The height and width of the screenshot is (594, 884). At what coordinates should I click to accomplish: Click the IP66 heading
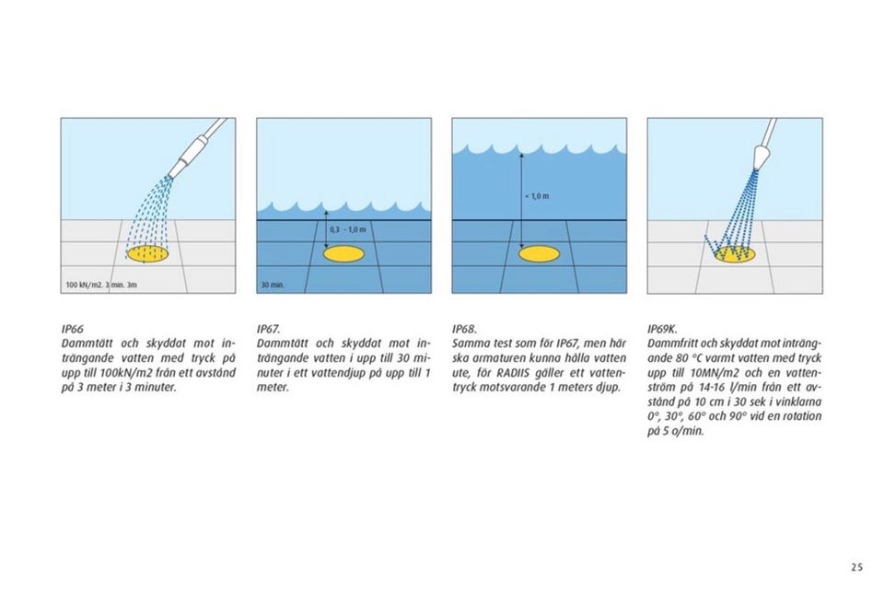coord(72,329)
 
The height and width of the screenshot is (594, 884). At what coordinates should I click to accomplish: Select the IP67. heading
coord(268,329)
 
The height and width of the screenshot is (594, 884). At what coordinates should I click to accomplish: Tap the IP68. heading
coord(464,329)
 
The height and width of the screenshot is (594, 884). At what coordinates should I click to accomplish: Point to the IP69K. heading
coord(662,329)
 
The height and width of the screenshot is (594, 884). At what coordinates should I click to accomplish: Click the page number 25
coord(857,567)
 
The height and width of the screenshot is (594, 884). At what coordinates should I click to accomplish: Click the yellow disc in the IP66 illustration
coord(148,254)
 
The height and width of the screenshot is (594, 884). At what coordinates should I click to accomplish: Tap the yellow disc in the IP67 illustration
coord(343,254)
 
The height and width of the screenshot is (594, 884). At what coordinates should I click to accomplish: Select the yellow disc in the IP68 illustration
coord(539,254)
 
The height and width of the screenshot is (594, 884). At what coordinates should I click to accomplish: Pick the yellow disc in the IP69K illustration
coord(735,255)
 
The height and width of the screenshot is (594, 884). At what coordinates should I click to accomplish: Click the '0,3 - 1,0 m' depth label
coord(348,230)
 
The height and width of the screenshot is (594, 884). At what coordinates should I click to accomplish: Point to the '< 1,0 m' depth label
coord(537,196)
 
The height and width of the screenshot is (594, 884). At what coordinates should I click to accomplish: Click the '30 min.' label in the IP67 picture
coord(273,285)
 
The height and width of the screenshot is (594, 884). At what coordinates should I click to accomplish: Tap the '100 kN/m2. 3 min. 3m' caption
coord(101,285)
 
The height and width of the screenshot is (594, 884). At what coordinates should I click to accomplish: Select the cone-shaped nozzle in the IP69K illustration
coord(761,156)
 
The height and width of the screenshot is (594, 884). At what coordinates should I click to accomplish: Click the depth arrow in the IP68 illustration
coord(521,200)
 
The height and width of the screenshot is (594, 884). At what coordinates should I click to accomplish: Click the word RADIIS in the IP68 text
coord(513,373)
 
